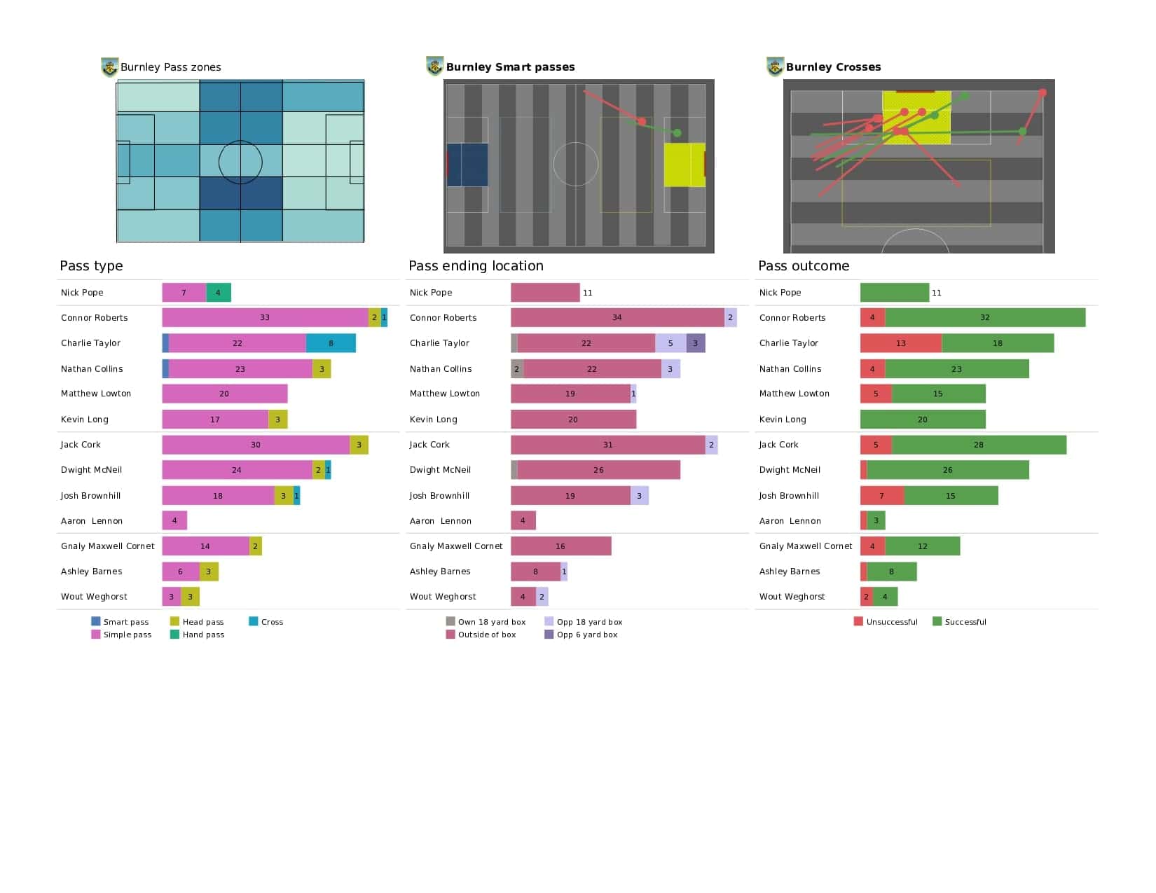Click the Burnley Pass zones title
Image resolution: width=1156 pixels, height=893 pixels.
(170, 67)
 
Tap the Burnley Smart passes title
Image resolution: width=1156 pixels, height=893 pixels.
(510, 67)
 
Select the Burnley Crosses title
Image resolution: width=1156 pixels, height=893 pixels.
(833, 67)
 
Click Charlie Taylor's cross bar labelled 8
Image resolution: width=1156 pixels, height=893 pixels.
(331, 343)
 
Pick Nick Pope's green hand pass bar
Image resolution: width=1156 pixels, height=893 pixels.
(218, 293)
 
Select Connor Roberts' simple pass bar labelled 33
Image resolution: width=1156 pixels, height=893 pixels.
(265, 317)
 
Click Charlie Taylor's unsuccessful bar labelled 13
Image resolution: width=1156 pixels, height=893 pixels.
(901, 343)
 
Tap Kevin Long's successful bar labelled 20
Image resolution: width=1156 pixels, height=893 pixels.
(923, 419)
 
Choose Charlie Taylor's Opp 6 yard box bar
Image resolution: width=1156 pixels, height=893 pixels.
(695, 343)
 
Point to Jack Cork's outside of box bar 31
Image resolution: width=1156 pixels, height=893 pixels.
(607, 445)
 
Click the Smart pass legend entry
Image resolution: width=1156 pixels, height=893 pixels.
(120, 622)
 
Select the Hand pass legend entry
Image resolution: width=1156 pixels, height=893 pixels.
(197, 635)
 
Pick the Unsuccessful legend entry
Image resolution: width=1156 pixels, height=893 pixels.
(886, 622)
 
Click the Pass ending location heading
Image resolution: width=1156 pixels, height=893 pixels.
(476, 266)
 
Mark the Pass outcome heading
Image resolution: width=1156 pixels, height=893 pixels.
(804, 266)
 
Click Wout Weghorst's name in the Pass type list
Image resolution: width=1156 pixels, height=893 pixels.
(94, 597)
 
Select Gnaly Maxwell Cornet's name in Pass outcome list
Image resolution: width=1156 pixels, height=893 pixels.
(806, 546)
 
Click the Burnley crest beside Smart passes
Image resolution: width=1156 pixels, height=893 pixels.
(434, 67)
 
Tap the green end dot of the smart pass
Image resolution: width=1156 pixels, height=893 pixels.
(677, 133)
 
